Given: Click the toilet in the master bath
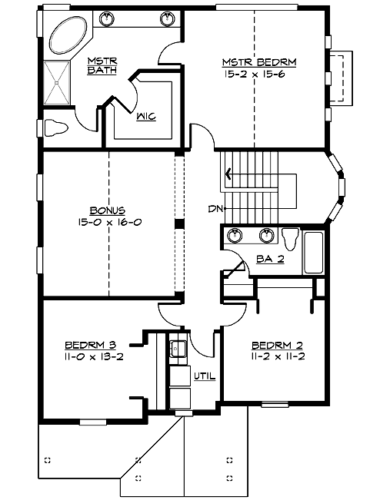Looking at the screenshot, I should click(56, 127).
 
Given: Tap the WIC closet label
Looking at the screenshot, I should click(146, 117).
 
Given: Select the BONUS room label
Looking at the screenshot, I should click(107, 210).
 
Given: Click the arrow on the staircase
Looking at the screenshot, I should click(228, 173).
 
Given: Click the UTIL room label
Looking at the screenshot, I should click(204, 376).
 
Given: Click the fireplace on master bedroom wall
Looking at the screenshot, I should click(339, 78).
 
